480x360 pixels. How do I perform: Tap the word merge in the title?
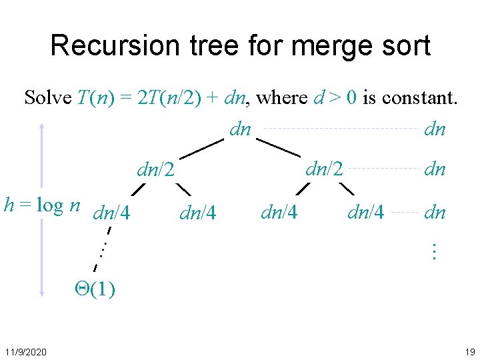321,46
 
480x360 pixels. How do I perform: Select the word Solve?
47,98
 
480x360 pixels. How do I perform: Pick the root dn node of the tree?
240,129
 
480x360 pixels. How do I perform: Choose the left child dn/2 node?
155,170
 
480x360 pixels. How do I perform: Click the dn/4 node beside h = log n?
112,213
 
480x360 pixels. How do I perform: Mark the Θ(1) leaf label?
94,289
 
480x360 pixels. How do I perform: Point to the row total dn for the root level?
435,129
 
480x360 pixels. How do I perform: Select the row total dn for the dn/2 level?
435,169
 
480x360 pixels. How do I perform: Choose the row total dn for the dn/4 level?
435,213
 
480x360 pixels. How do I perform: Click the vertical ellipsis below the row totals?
433,251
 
